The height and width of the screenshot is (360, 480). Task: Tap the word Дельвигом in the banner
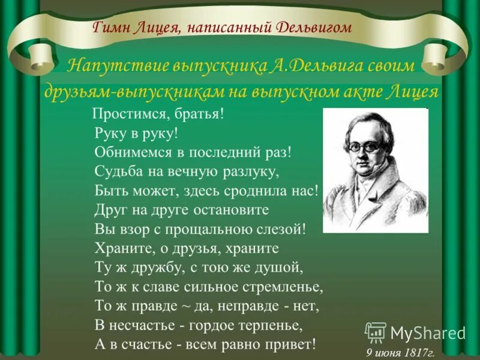314,27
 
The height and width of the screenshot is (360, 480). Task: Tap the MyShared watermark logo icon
376,332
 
